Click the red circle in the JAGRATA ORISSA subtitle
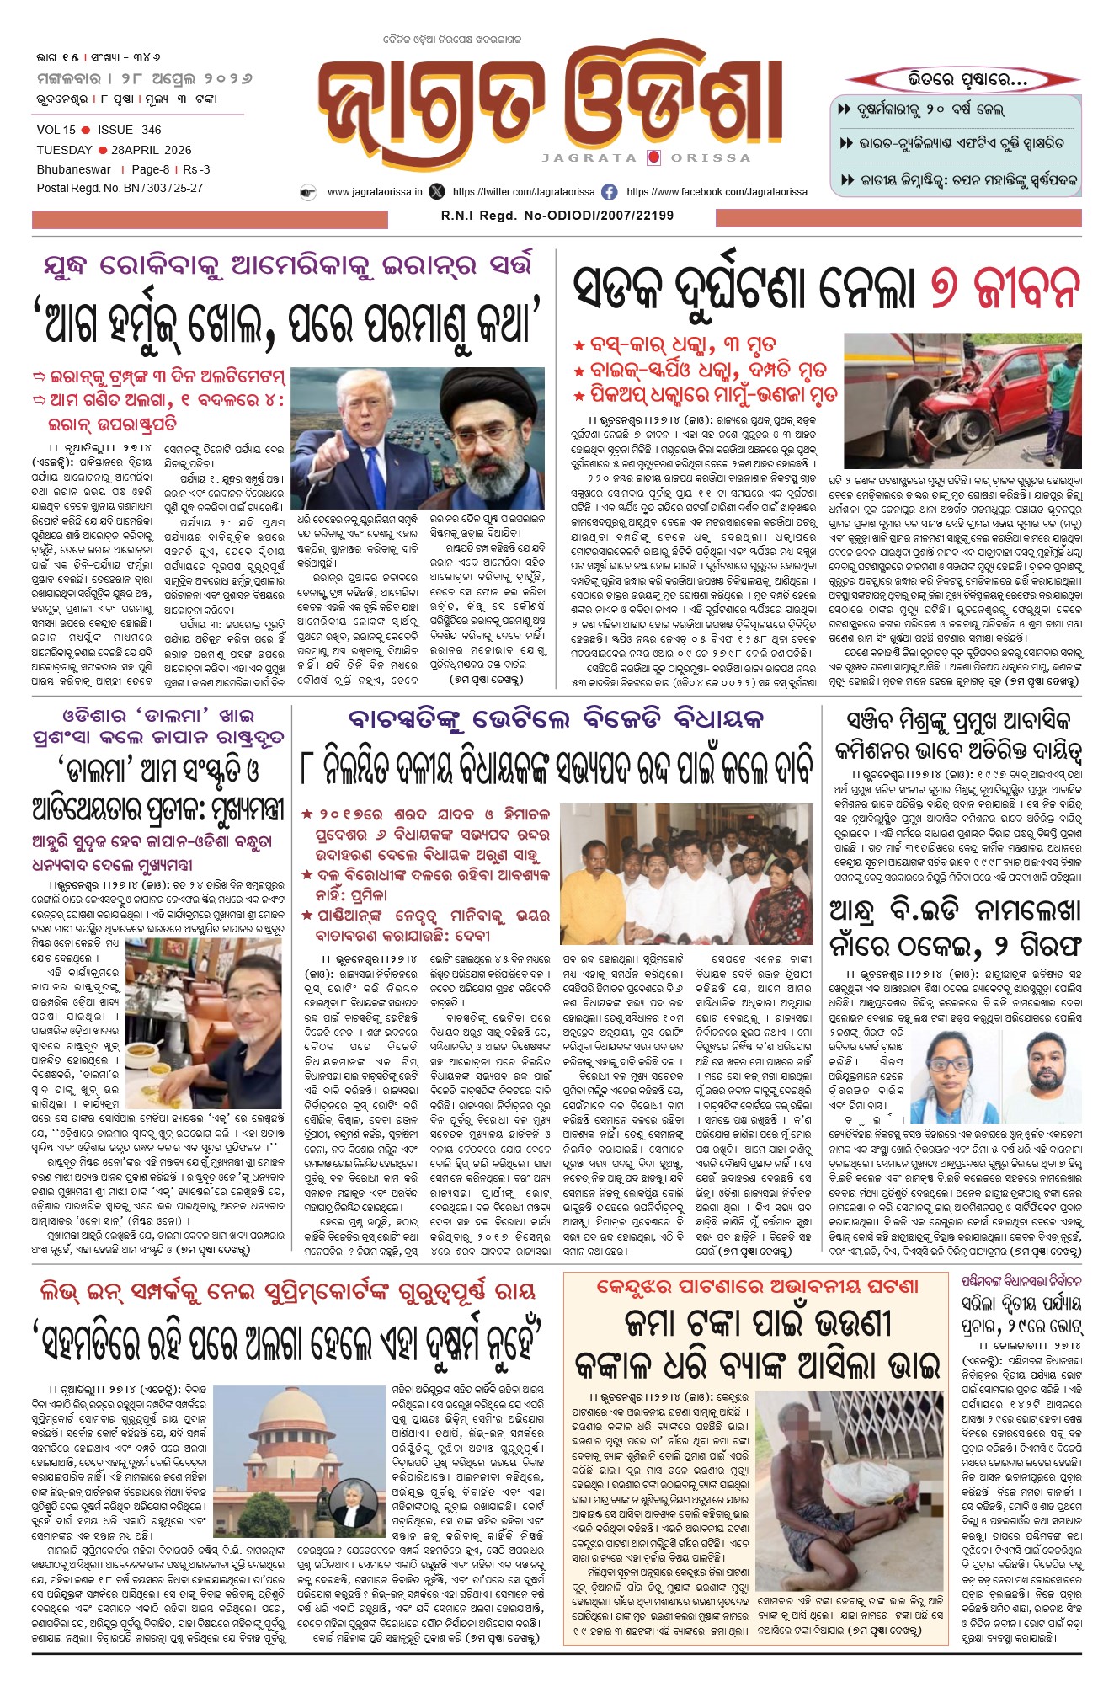(x=653, y=157)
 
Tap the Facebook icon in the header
(x=609, y=192)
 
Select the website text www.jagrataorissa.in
(x=375, y=192)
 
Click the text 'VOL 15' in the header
(x=56, y=130)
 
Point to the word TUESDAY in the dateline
(x=64, y=150)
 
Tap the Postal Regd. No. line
(x=120, y=188)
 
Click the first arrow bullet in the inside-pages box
(x=845, y=109)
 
